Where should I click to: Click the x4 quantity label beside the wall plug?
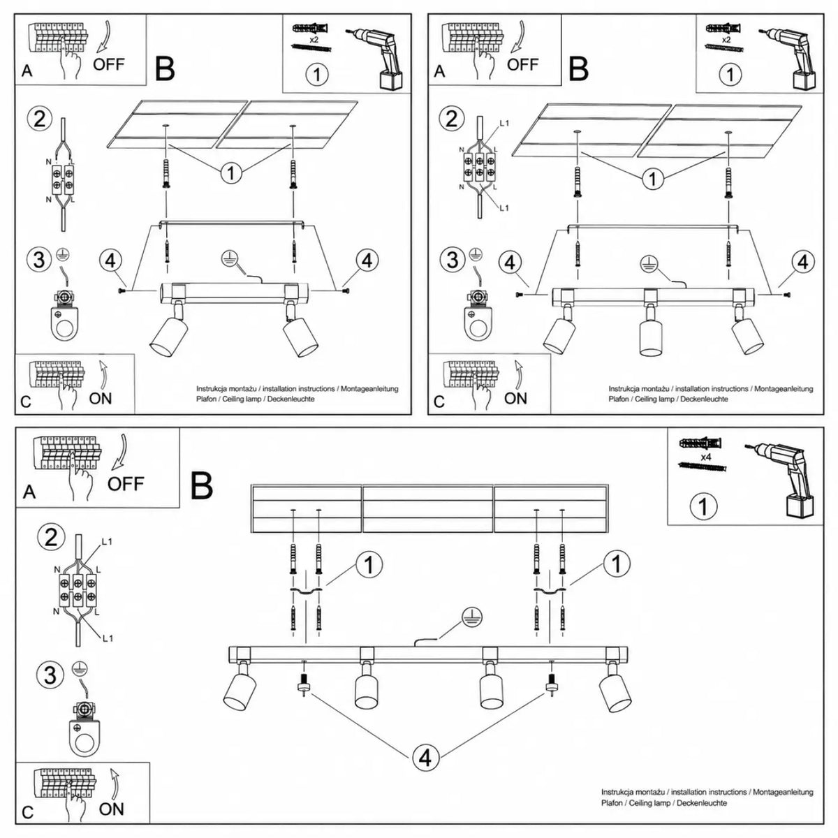(x=705, y=457)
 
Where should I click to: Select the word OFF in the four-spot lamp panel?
(x=125, y=483)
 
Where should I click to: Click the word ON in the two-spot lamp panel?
(x=101, y=398)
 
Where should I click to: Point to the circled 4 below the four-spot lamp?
(x=425, y=757)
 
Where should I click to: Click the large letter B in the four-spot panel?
(x=202, y=486)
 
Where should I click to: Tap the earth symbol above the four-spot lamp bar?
(x=473, y=619)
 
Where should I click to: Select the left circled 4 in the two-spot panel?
(x=110, y=260)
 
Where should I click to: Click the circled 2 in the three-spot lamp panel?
(x=452, y=119)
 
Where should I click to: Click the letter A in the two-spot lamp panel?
(x=27, y=71)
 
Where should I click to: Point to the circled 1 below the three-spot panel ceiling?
(x=653, y=178)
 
